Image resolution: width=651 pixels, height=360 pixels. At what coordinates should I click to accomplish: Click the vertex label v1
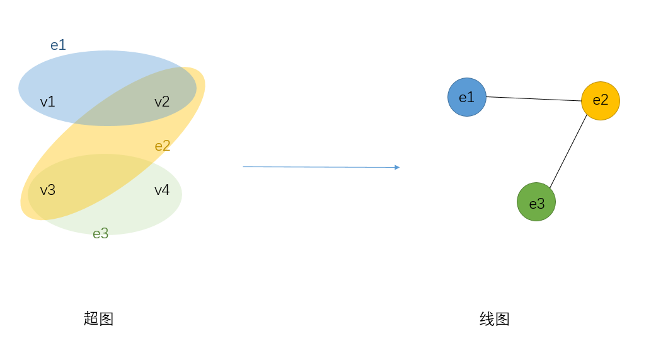[x=47, y=102]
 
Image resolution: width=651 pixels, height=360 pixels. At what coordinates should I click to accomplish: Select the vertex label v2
[x=162, y=102]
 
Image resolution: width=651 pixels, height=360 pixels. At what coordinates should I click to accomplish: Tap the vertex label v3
[x=47, y=190]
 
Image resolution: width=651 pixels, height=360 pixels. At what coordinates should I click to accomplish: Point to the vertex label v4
[x=162, y=190]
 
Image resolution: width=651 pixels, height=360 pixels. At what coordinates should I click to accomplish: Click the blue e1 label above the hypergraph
[x=58, y=45]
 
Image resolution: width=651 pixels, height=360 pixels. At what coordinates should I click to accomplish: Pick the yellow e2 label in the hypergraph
[x=163, y=146]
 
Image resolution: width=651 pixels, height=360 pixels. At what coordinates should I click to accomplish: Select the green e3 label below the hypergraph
[x=101, y=234]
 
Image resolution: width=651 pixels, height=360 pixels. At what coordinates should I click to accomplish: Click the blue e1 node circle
[x=467, y=97]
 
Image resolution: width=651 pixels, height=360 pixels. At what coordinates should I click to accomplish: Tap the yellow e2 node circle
[x=601, y=101]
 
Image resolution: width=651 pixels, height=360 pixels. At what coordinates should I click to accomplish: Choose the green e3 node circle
[x=536, y=202]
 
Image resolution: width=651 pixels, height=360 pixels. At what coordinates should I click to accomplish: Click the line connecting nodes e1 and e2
[x=534, y=99]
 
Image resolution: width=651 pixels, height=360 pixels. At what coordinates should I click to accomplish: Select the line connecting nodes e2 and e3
[x=568, y=151]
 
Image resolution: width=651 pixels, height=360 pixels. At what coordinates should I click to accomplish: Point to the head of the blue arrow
[x=397, y=167]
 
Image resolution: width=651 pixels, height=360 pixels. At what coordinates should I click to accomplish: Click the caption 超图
[x=98, y=319]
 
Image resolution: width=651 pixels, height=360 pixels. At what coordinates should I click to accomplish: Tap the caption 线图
[x=495, y=319]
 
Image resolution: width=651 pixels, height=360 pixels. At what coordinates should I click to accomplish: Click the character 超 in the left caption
[x=91, y=319]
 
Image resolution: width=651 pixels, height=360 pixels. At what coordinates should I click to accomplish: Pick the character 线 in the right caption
[x=487, y=319]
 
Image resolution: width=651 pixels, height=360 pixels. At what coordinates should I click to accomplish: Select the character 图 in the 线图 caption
[x=502, y=319]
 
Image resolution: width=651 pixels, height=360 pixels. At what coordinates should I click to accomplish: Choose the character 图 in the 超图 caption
[x=106, y=319]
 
